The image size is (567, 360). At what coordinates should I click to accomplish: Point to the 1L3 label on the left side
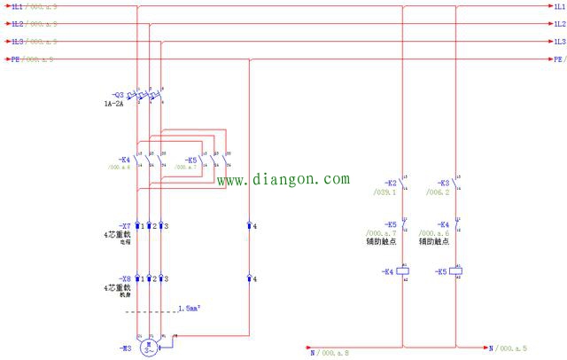pyautogui.click(x=17, y=42)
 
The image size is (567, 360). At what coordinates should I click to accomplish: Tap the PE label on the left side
pyautogui.click(x=14, y=59)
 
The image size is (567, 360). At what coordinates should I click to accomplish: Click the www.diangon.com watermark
pyautogui.click(x=283, y=180)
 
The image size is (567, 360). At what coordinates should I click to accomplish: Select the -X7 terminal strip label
pyautogui.click(x=125, y=226)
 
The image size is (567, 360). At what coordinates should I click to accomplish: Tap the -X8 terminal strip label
pyautogui.click(x=125, y=278)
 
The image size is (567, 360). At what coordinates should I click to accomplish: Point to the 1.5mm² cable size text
pyautogui.click(x=189, y=309)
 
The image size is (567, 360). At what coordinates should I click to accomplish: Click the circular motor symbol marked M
pyautogui.click(x=150, y=347)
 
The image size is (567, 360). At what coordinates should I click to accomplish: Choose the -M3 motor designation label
pyautogui.click(x=122, y=348)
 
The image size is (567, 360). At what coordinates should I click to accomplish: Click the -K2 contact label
pyautogui.click(x=390, y=183)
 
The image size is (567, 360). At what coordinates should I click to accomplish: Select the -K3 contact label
pyautogui.click(x=443, y=183)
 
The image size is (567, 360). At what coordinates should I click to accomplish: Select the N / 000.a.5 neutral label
pyautogui.click(x=509, y=348)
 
